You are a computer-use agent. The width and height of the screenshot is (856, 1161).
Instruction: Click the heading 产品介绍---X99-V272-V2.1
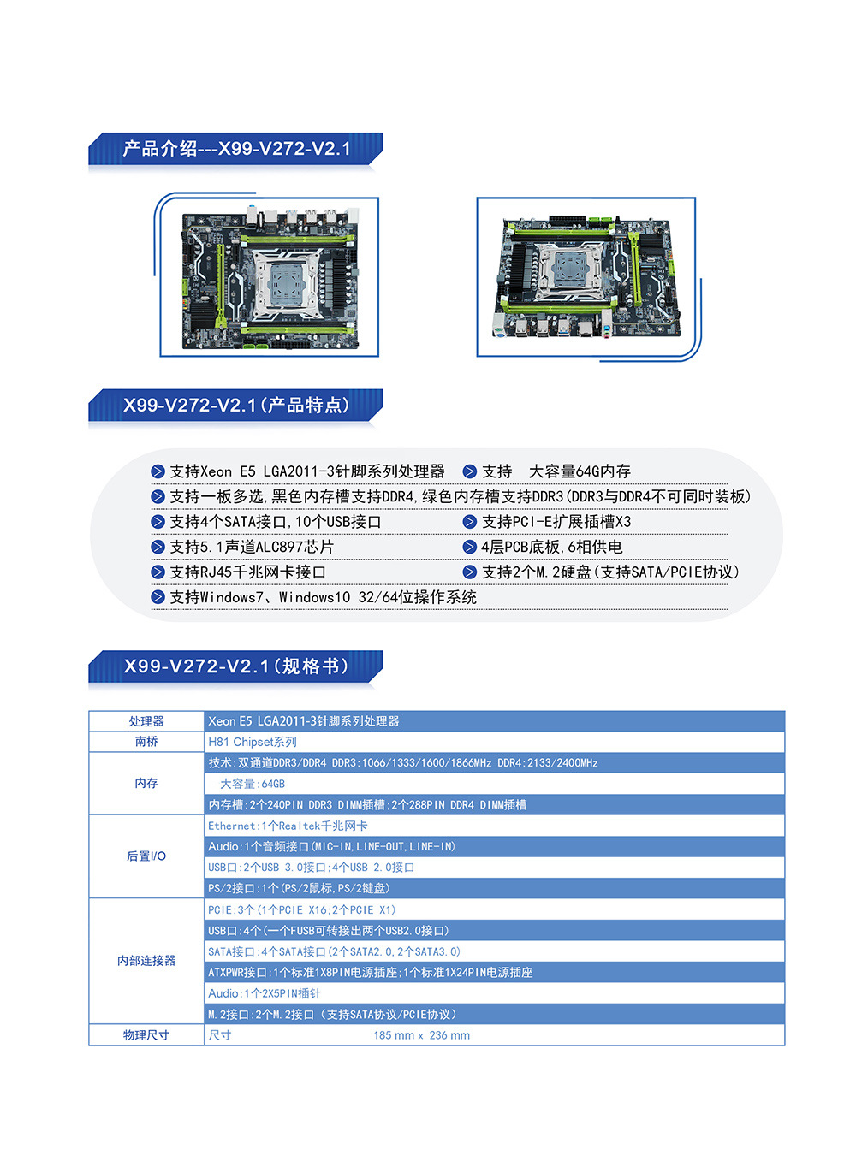tap(236, 149)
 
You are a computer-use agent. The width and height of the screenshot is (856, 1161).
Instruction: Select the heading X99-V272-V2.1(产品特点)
tap(236, 406)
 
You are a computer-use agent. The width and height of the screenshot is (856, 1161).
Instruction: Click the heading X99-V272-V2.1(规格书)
tap(236, 666)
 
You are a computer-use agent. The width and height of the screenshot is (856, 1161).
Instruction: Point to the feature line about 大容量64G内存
tap(556, 471)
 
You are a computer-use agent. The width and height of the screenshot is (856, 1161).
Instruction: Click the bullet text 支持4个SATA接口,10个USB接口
tap(275, 522)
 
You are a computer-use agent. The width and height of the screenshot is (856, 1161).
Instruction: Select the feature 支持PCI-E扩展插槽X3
tap(556, 522)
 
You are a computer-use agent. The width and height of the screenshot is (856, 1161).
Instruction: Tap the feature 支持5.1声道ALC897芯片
tap(251, 547)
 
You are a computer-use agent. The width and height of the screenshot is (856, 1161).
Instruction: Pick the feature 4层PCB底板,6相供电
tap(551, 547)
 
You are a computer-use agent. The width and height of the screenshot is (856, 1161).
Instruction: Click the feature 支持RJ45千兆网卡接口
tap(247, 572)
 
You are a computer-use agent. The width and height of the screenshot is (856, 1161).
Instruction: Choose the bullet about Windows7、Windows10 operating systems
tap(323, 597)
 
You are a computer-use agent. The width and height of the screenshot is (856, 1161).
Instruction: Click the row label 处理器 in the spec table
tap(146, 721)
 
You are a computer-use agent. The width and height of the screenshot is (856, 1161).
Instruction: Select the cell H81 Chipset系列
tap(253, 742)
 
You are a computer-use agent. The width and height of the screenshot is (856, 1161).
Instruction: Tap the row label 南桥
tap(146, 742)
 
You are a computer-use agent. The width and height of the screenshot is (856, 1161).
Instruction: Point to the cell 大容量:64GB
tap(253, 784)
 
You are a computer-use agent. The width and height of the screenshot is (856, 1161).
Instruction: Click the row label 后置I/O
tap(146, 856)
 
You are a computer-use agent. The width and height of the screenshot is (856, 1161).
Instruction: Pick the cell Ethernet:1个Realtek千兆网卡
tap(288, 826)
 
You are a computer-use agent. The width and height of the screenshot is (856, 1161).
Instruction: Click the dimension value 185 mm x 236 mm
tap(421, 1035)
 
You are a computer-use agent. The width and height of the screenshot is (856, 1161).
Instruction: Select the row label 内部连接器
tap(146, 961)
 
